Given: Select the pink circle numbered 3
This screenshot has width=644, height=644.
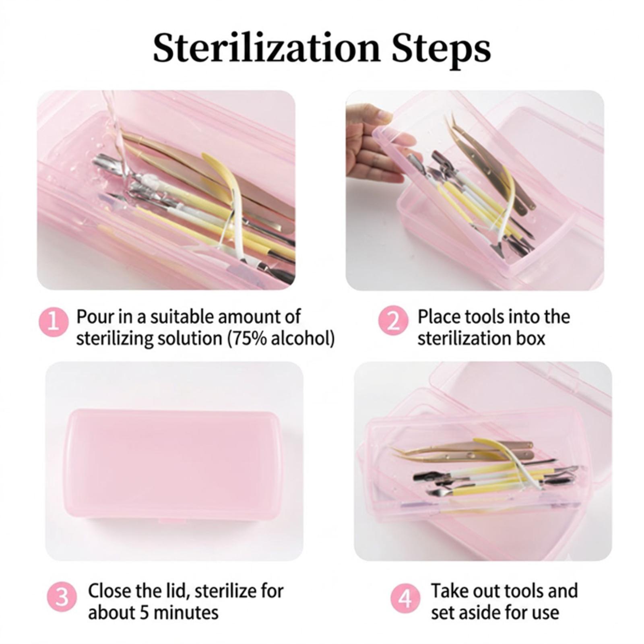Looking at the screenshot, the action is click(62, 598).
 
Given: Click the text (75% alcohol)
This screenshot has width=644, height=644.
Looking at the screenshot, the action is click(281, 339).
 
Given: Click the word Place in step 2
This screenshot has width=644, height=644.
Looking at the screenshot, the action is click(438, 317).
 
